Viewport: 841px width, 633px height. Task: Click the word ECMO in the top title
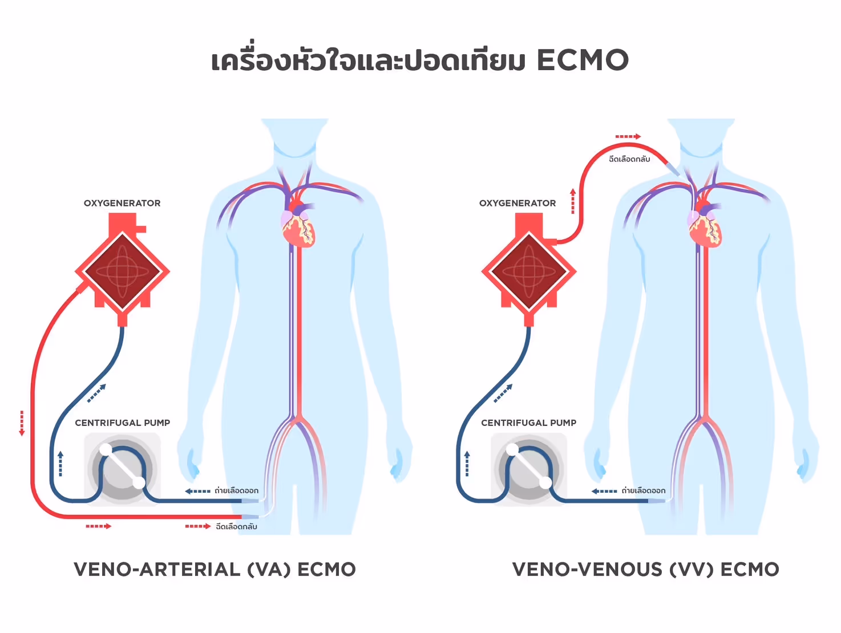point(583,60)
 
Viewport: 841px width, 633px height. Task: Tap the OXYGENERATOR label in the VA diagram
point(122,203)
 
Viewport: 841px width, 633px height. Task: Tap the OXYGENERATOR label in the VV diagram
point(517,203)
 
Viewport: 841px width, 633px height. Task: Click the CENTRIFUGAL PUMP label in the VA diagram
point(123,423)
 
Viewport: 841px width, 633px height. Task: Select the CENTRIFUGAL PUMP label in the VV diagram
point(529,423)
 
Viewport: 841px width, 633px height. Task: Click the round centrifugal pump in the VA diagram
point(122,469)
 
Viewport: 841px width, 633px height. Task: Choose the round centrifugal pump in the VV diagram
point(529,469)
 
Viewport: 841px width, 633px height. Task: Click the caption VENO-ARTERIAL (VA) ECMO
point(215,569)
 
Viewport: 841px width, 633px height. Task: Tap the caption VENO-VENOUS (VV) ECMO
point(645,569)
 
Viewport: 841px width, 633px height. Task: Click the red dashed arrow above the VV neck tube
point(628,136)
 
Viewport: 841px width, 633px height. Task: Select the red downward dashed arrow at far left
point(22,423)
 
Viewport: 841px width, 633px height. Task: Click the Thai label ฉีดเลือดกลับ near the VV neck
point(629,159)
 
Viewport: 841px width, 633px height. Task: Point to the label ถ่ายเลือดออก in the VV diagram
point(644,490)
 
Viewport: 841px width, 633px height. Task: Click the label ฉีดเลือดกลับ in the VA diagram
point(236,526)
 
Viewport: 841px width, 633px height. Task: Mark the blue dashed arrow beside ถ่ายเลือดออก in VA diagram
point(197,491)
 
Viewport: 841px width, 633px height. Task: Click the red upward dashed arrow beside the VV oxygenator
point(573,201)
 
